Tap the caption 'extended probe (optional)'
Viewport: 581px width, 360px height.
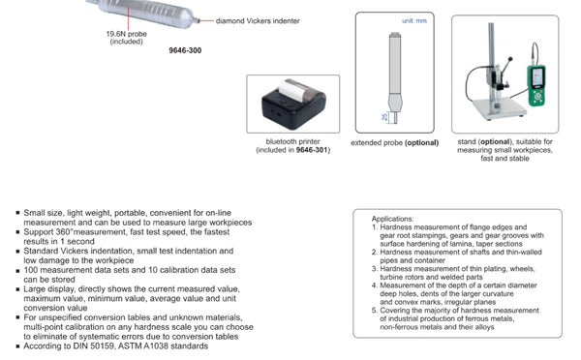[394, 142]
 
